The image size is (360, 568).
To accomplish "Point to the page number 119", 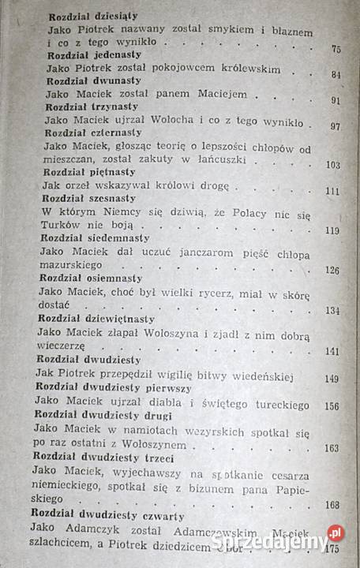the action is click(332, 230).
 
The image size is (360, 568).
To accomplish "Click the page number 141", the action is click(332, 351).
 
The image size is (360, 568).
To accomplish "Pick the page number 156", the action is click(332, 405).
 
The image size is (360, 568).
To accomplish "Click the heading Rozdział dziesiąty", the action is click(94, 16).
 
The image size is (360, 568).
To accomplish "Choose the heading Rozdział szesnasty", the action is click(88, 198).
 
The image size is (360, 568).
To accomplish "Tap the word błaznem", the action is click(298, 30).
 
